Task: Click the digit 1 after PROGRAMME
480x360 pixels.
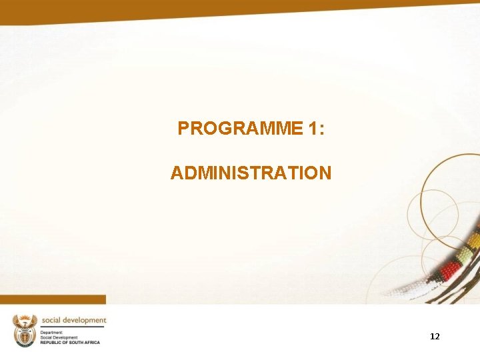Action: pyautogui.click(x=314, y=129)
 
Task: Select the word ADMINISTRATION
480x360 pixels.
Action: pyautogui.click(x=251, y=173)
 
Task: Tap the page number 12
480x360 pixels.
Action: pyautogui.click(x=435, y=337)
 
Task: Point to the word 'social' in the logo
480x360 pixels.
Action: pyautogui.click(x=54, y=320)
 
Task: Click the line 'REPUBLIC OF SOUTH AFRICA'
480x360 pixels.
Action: pyautogui.click(x=70, y=343)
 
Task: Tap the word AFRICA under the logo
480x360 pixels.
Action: pyautogui.click(x=92, y=343)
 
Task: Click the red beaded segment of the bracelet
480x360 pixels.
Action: pyautogui.click(x=451, y=270)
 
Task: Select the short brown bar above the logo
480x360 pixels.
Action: pyautogui.click(x=53, y=299)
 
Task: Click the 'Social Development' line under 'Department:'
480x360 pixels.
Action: pyautogui.click(x=59, y=337)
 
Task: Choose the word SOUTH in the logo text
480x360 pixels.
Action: pyautogui.click(x=75, y=343)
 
